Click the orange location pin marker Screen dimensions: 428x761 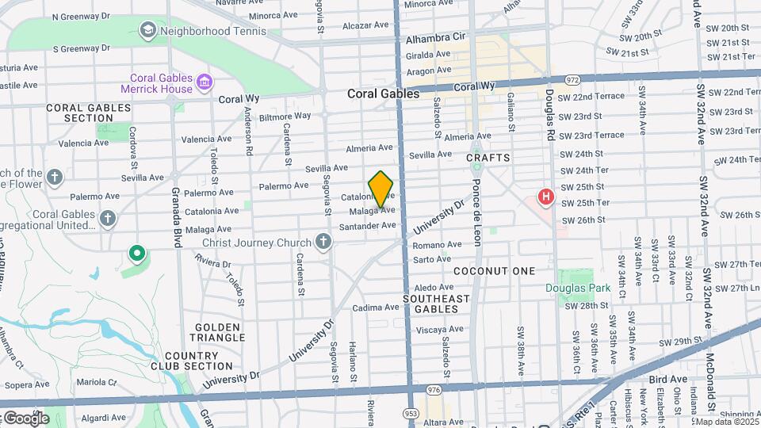pyautogui.click(x=380, y=189)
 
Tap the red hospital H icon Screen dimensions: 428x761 pyautogui.click(x=545, y=196)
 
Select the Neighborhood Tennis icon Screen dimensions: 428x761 pyautogui.click(x=147, y=31)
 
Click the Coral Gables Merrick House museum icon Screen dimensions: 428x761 pyautogui.click(x=205, y=82)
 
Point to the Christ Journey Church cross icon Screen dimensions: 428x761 pyautogui.click(x=323, y=242)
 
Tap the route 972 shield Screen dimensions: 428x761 pyautogui.click(x=573, y=80)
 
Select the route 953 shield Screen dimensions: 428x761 pyautogui.click(x=411, y=414)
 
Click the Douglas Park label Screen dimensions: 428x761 pyautogui.click(x=578, y=288)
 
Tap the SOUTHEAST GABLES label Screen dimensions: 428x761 pyautogui.click(x=436, y=304)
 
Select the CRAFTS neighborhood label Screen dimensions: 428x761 pyautogui.click(x=488, y=159)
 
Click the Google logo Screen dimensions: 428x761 pyautogui.click(x=25, y=418)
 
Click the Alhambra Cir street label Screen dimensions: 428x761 pyautogui.click(x=435, y=37)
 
